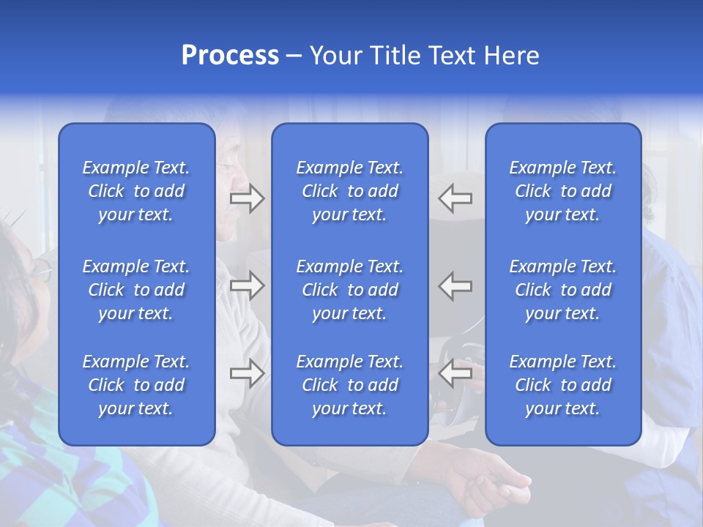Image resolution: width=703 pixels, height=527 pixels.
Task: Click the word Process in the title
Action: click(x=230, y=56)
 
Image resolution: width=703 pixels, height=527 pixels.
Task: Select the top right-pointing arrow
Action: click(x=247, y=198)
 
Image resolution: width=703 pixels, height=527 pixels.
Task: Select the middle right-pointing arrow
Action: click(x=247, y=286)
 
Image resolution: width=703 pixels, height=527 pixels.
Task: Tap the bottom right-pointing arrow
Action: click(x=247, y=374)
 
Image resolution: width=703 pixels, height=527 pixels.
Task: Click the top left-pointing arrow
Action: click(x=455, y=198)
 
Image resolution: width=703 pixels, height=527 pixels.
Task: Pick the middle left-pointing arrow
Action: click(x=455, y=286)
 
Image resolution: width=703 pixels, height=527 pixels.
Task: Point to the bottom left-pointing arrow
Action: click(x=455, y=374)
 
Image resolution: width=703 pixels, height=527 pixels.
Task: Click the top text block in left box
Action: click(x=136, y=191)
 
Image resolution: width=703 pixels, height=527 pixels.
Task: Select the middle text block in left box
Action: click(x=136, y=290)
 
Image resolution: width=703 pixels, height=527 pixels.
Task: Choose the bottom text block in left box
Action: click(x=136, y=385)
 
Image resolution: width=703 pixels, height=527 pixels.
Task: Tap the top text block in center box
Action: click(x=350, y=191)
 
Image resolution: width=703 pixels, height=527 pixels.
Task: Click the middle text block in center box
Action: click(x=350, y=290)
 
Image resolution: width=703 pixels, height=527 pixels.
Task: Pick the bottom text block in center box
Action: click(x=350, y=385)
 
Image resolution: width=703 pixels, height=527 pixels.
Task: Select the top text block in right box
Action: click(x=563, y=191)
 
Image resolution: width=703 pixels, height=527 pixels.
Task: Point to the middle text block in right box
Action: click(x=563, y=290)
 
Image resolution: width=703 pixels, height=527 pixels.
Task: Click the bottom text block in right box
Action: click(x=563, y=385)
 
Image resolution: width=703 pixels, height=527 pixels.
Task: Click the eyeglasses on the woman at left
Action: click(x=40, y=269)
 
